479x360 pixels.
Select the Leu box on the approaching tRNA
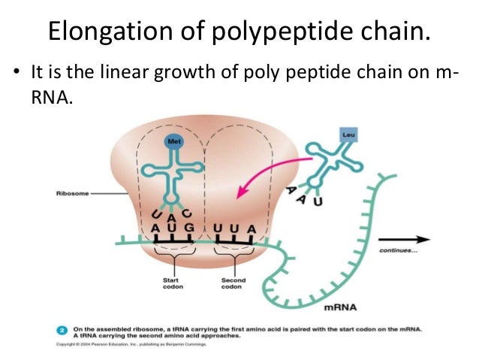(347, 135)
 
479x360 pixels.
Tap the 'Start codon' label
(171, 284)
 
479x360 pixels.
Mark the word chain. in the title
(393, 32)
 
